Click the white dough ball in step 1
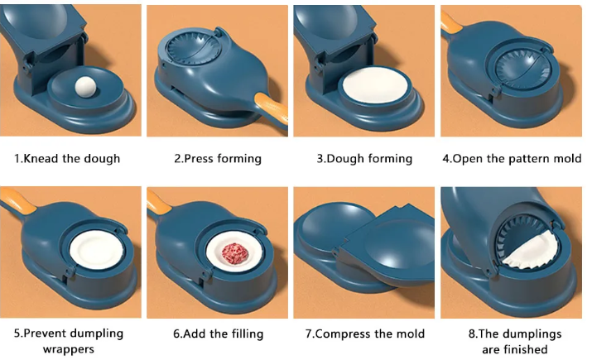coord(86,87)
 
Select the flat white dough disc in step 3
coord(375,85)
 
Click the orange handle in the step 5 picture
coord(18,199)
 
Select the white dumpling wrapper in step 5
coord(96,249)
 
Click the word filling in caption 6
coord(248,334)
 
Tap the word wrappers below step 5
coord(69,350)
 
